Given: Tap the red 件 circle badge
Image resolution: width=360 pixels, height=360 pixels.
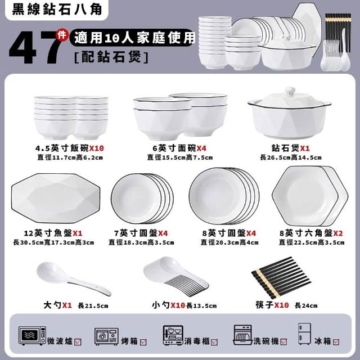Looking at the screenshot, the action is pyautogui.click(x=62, y=35).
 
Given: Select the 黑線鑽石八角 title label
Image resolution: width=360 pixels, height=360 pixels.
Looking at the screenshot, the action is pyautogui.click(x=57, y=10).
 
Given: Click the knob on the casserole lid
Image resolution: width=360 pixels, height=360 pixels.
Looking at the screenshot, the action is pyautogui.click(x=290, y=91).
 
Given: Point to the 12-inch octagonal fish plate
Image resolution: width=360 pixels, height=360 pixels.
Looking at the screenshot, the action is pyautogui.click(x=56, y=199).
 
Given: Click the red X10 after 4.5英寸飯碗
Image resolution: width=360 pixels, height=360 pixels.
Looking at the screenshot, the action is pyautogui.click(x=97, y=148).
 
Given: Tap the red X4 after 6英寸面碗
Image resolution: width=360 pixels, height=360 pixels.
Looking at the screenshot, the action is pyautogui.click(x=201, y=148).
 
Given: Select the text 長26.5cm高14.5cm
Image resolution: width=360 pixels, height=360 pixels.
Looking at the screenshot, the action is pyautogui.click(x=291, y=157).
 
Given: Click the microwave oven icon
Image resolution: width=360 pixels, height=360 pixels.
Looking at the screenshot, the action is pyautogui.click(x=32, y=336).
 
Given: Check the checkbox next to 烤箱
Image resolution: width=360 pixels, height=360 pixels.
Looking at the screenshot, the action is pyautogui.click(x=143, y=343).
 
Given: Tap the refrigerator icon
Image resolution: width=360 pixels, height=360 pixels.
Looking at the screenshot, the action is pyautogui.click(x=304, y=334).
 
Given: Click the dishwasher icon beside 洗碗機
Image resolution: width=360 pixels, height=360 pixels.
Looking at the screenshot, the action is pyautogui.click(x=243, y=335).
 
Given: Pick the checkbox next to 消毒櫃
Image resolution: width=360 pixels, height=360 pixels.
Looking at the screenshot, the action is pyautogui.click(x=214, y=343).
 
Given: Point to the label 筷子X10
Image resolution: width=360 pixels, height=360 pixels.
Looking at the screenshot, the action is pyautogui.click(x=272, y=305).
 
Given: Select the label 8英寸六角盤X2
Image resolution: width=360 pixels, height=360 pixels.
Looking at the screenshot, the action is pyautogui.click(x=311, y=233).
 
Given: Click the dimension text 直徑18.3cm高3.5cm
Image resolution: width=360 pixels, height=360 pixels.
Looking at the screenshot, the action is pyautogui.click(x=141, y=242).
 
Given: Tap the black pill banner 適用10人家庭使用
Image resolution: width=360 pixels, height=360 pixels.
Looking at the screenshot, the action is pyautogui.click(x=132, y=38).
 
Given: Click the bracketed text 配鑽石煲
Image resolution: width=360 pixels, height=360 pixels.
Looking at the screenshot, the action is pyautogui.click(x=111, y=57).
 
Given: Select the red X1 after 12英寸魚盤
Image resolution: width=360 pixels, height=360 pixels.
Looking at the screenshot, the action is pyautogui.click(x=78, y=233).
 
